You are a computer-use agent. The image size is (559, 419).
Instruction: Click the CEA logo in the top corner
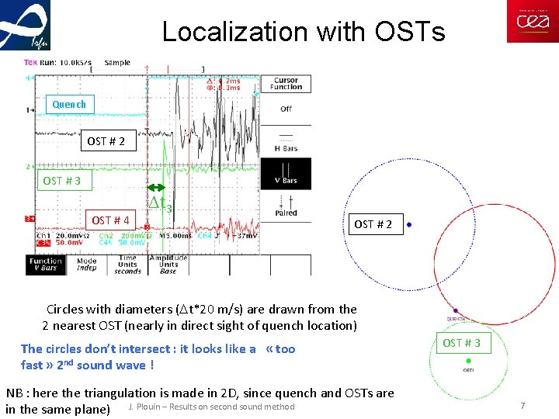[532, 22]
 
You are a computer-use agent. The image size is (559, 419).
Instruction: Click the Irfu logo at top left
[26, 25]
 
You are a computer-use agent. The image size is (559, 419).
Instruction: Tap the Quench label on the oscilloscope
[69, 105]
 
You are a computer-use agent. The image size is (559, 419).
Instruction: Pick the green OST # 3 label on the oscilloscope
[62, 181]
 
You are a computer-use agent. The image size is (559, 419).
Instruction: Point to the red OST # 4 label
[111, 220]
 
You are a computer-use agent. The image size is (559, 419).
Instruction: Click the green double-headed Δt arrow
[158, 187]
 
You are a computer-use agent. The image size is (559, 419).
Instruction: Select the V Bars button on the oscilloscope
[286, 174]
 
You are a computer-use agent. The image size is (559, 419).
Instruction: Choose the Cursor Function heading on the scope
[286, 83]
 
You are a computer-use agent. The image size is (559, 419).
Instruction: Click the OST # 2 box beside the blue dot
[373, 224]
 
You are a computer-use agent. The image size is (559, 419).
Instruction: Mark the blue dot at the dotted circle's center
[409, 224]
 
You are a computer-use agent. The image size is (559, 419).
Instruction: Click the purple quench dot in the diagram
[456, 311]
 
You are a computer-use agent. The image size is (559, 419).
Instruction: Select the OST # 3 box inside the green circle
[461, 343]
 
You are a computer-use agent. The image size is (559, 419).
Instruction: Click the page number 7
[523, 407]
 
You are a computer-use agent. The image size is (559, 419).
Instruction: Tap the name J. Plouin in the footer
[143, 407]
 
